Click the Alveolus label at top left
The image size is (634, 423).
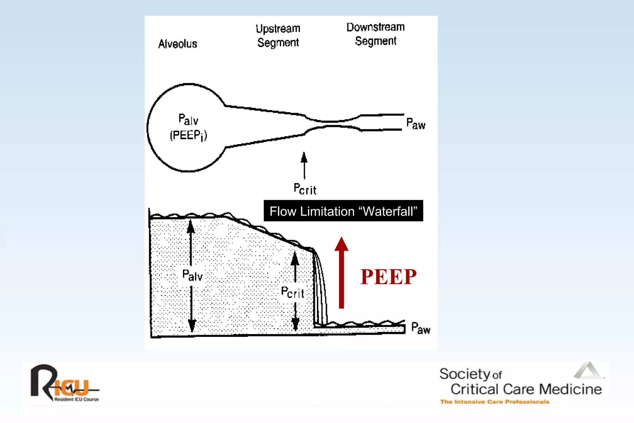point(178,44)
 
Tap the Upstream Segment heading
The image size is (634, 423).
point(278,35)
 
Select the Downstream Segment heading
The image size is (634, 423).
point(376,34)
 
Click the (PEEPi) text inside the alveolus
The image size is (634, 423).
point(188,135)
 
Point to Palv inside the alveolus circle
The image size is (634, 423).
point(188,119)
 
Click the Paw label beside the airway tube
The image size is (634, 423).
point(415,124)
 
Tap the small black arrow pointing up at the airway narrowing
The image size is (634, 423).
point(304,164)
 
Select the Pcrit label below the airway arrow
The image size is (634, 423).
point(305,189)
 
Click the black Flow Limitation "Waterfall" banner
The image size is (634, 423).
point(343,211)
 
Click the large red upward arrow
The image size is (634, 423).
point(341,273)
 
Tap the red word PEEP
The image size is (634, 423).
point(388,277)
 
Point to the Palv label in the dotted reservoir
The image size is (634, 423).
point(192,275)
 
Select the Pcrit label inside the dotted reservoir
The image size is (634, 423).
point(292,292)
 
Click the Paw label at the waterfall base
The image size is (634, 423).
point(420,328)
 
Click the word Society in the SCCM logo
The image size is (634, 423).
point(464,374)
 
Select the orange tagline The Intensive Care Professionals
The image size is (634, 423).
point(494,402)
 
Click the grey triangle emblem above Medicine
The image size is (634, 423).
point(588,371)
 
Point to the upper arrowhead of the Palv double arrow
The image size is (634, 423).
point(191,226)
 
